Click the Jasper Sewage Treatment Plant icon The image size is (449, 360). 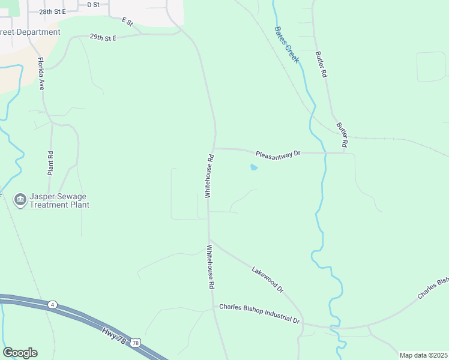click(19, 199)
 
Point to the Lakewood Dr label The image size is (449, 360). click(267, 280)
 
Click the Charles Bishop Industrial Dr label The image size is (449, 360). click(259, 313)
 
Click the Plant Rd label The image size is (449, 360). click(51, 163)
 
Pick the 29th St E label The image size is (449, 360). click(103, 37)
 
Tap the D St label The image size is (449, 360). click(93, 4)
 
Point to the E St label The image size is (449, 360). click(127, 22)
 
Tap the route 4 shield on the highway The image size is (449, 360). click(53, 305)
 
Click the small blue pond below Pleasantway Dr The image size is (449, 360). click(254, 167)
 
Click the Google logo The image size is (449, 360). click(20, 353)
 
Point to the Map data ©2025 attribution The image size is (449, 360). click(423, 355)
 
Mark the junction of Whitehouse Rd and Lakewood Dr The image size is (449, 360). click(209, 239)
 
